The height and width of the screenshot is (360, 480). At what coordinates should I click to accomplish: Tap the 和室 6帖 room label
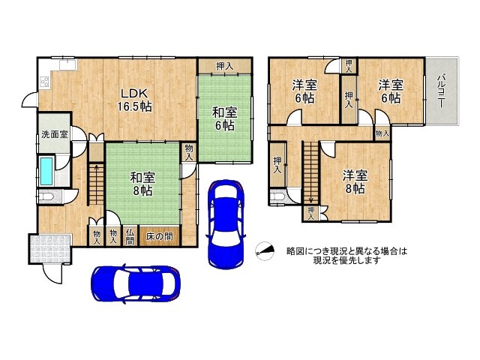[224, 118]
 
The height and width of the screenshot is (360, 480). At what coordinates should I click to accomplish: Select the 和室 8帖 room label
[142, 184]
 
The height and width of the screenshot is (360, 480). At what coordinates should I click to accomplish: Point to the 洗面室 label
[53, 136]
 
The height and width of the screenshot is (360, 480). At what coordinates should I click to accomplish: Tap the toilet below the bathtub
[47, 197]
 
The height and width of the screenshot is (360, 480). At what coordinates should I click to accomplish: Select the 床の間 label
[159, 237]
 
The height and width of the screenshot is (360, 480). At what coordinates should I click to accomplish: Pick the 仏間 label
[130, 237]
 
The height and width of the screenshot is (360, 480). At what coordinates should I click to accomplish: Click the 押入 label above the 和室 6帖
[224, 66]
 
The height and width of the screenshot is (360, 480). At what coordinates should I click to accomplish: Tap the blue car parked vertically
[226, 222]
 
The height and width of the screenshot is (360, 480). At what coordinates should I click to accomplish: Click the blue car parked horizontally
[136, 284]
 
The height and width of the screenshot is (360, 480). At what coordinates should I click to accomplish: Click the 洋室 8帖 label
[355, 182]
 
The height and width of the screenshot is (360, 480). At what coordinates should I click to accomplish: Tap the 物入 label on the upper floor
[382, 133]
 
